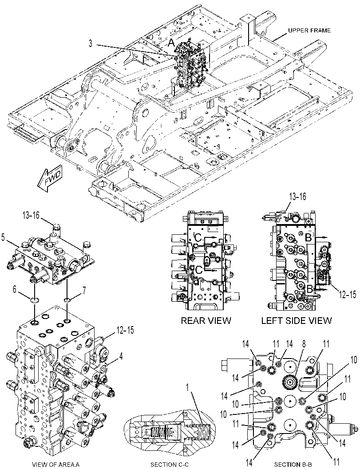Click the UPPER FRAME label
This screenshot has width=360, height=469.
(x=309, y=31)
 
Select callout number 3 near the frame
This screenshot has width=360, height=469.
(x=90, y=43)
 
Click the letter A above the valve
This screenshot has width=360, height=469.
(x=171, y=43)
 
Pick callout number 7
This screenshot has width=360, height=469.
(x=84, y=290)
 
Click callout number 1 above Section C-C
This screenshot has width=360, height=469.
(x=187, y=388)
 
